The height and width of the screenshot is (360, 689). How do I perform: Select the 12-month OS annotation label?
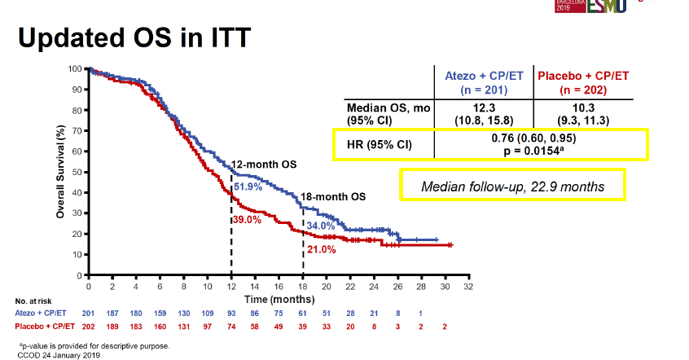[264, 165]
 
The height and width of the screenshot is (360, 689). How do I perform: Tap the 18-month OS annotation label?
[334, 197]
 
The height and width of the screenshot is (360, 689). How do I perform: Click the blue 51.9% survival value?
[248, 187]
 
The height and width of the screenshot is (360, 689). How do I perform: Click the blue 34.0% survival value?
[319, 226]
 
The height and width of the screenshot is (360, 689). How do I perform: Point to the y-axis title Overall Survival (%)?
[60, 171]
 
